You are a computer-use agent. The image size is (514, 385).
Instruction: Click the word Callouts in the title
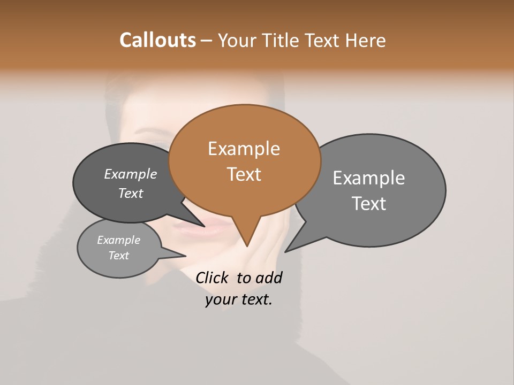pyautogui.click(x=157, y=40)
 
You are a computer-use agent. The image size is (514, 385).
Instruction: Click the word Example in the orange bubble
pyautogui.click(x=244, y=149)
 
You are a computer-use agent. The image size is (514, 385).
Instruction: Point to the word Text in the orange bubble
pyautogui.click(x=244, y=174)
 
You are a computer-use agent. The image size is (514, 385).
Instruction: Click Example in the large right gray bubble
pyautogui.click(x=369, y=178)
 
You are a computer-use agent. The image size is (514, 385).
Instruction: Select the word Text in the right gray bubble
pyautogui.click(x=369, y=203)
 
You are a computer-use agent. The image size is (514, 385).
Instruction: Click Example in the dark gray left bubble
pyautogui.click(x=131, y=174)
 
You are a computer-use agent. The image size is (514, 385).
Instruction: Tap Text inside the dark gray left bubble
pyautogui.click(x=131, y=193)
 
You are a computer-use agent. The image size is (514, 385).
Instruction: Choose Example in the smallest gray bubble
pyautogui.click(x=118, y=240)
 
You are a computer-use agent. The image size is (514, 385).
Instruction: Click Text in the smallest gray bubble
pyautogui.click(x=118, y=256)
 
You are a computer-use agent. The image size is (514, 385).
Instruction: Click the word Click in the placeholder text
pyautogui.click(x=213, y=278)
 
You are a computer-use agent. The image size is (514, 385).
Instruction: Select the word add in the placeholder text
pyautogui.click(x=268, y=278)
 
